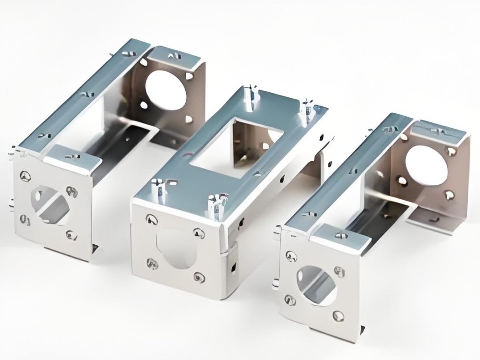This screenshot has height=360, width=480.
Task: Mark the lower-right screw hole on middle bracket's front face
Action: tap(198, 277)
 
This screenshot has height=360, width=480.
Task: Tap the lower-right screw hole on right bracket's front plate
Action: tap(339, 315)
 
